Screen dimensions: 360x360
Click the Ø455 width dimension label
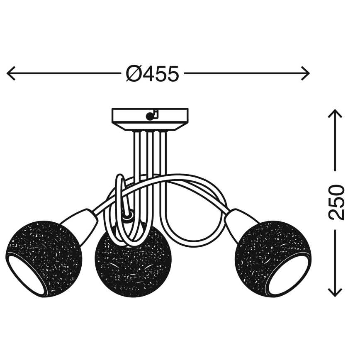click(x=152, y=74)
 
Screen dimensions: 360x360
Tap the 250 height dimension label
click(x=337, y=202)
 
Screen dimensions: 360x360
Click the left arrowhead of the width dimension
click(x=11, y=73)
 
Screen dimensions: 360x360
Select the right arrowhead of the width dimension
click(x=306, y=73)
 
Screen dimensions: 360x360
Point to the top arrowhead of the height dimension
click(x=336, y=113)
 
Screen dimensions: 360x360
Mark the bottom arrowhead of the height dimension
click(x=336, y=292)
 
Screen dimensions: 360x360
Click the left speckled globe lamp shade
click(x=44, y=259)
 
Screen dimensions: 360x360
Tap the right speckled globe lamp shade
click(x=273, y=258)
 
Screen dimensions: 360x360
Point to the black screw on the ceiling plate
click(x=149, y=117)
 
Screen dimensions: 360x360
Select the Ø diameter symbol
click(x=134, y=74)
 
